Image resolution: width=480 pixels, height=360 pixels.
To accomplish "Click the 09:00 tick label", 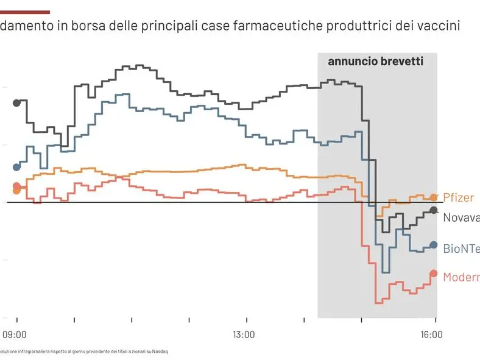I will (x=15, y=334).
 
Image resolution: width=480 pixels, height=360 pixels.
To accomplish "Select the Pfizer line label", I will (x=458, y=198).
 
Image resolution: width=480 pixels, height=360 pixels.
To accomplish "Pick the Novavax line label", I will (x=461, y=218).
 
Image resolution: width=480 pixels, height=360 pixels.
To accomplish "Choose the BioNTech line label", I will (x=461, y=249).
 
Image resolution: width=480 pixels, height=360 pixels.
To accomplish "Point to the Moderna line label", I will (x=461, y=277).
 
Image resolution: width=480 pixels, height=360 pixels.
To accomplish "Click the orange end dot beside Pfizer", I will (x=434, y=197).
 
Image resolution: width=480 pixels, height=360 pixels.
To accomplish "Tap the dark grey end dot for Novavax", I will (x=434, y=210).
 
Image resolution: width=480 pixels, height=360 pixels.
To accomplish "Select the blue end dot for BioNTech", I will (x=434, y=245).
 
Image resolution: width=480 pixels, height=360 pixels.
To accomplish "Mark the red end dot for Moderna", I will (x=434, y=274).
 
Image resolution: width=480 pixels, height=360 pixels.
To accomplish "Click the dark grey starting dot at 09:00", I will (x=16, y=102).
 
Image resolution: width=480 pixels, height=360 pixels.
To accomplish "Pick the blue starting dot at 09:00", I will (x=16, y=167).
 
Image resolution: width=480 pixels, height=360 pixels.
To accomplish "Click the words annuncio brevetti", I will (x=375, y=62).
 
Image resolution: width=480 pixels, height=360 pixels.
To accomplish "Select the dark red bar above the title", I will (x=25, y=12).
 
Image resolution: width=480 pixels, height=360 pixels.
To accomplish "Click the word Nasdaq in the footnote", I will (x=160, y=351).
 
